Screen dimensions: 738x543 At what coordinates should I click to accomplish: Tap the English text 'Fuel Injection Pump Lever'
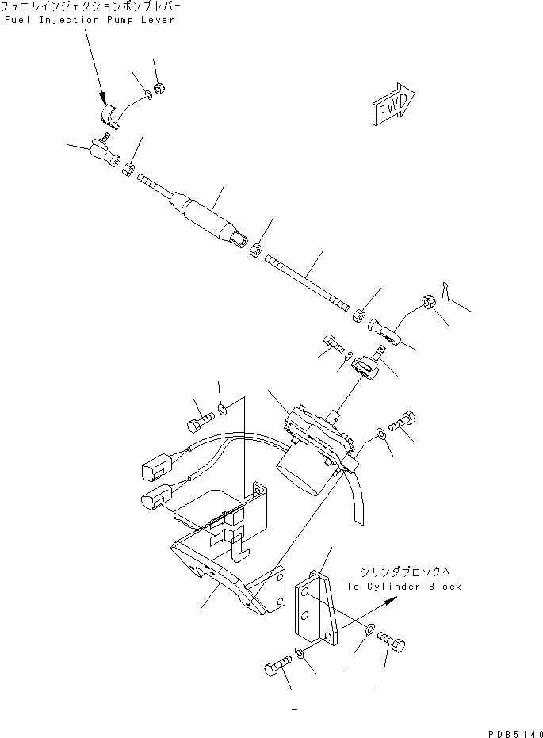click(89, 20)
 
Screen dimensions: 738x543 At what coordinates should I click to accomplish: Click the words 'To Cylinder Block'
click(403, 587)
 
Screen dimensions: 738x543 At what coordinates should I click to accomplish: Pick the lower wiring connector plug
click(155, 499)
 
